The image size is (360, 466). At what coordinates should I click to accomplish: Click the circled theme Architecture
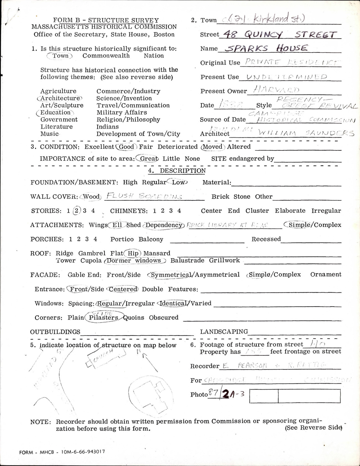pyautogui.click(x=60, y=98)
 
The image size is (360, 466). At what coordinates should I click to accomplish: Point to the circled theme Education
pyautogui.click(x=55, y=112)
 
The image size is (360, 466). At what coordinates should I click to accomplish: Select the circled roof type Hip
pyautogui.click(x=133, y=254)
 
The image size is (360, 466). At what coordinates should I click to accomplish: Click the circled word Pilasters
pyautogui.click(x=103, y=318)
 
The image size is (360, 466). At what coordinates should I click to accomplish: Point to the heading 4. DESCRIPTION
pyautogui.click(x=177, y=171)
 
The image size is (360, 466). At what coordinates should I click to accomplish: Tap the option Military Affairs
pyautogui.click(x=122, y=112)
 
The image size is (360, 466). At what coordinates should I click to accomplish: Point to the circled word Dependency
pyautogui.click(x=164, y=225)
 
